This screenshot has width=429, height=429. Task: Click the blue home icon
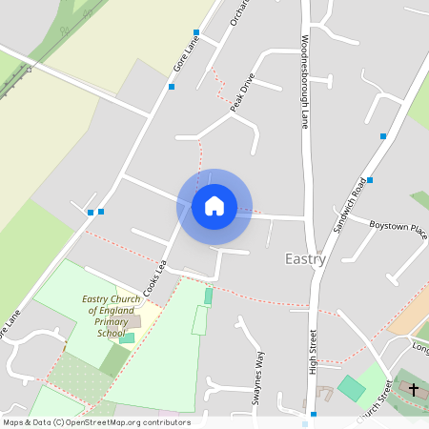click(214, 206)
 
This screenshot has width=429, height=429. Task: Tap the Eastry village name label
click(305, 258)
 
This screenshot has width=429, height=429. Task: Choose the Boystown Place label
click(398, 227)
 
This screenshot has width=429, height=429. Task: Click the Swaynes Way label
click(256, 379)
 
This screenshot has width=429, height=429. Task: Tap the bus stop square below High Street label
click(313, 415)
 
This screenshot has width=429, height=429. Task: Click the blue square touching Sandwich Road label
click(370, 179)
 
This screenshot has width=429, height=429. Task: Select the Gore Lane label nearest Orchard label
click(192, 52)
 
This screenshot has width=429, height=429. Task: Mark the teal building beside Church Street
click(352, 388)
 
